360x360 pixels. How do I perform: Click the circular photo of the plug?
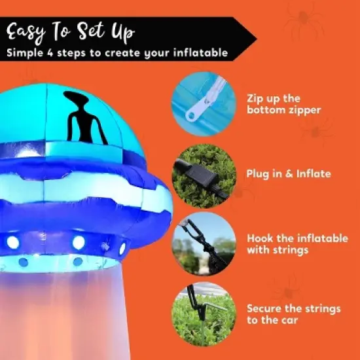click(204, 174)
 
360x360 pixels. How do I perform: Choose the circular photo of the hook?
click(204, 243)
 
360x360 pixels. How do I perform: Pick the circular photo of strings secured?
click(204, 310)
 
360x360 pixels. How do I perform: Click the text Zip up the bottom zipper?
click(283, 104)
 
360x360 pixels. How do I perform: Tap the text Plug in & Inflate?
click(289, 174)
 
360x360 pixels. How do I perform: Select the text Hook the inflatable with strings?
click(297, 244)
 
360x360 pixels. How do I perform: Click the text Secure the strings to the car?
click(293, 313)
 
